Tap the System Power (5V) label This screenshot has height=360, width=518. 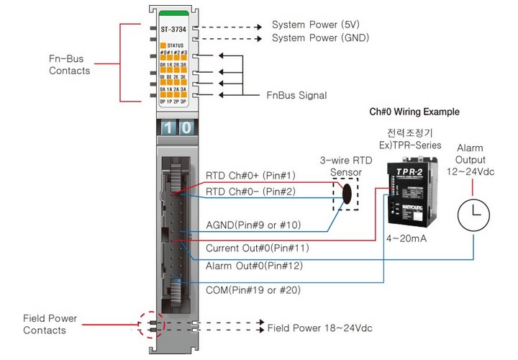(317, 25)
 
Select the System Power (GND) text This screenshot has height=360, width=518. (321, 37)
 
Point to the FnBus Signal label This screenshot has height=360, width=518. (296, 95)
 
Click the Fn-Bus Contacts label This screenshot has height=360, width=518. (69, 65)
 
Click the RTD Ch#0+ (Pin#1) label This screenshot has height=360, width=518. (250, 176)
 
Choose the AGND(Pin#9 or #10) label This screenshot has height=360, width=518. (253, 225)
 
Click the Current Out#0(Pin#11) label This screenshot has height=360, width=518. (257, 248)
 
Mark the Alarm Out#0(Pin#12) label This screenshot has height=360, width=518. (254, 266)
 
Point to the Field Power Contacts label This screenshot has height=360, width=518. (50, 324)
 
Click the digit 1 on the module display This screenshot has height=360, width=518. (167, 128)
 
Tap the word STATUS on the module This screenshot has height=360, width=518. (176, 45)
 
